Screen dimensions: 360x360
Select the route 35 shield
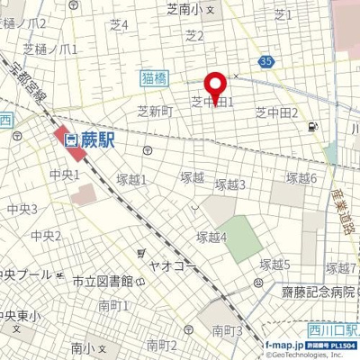click(264, 61)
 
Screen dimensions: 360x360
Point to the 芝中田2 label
click(276, 112)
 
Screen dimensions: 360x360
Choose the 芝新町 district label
click(154, 112)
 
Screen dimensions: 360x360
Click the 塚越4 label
click(211, 236)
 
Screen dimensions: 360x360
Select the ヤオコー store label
click(174, 267)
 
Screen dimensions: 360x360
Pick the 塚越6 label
click(301, 178)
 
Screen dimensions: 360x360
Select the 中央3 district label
click(22, 209)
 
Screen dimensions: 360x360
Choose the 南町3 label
click(227, 331)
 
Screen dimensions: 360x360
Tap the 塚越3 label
click(230, 184)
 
